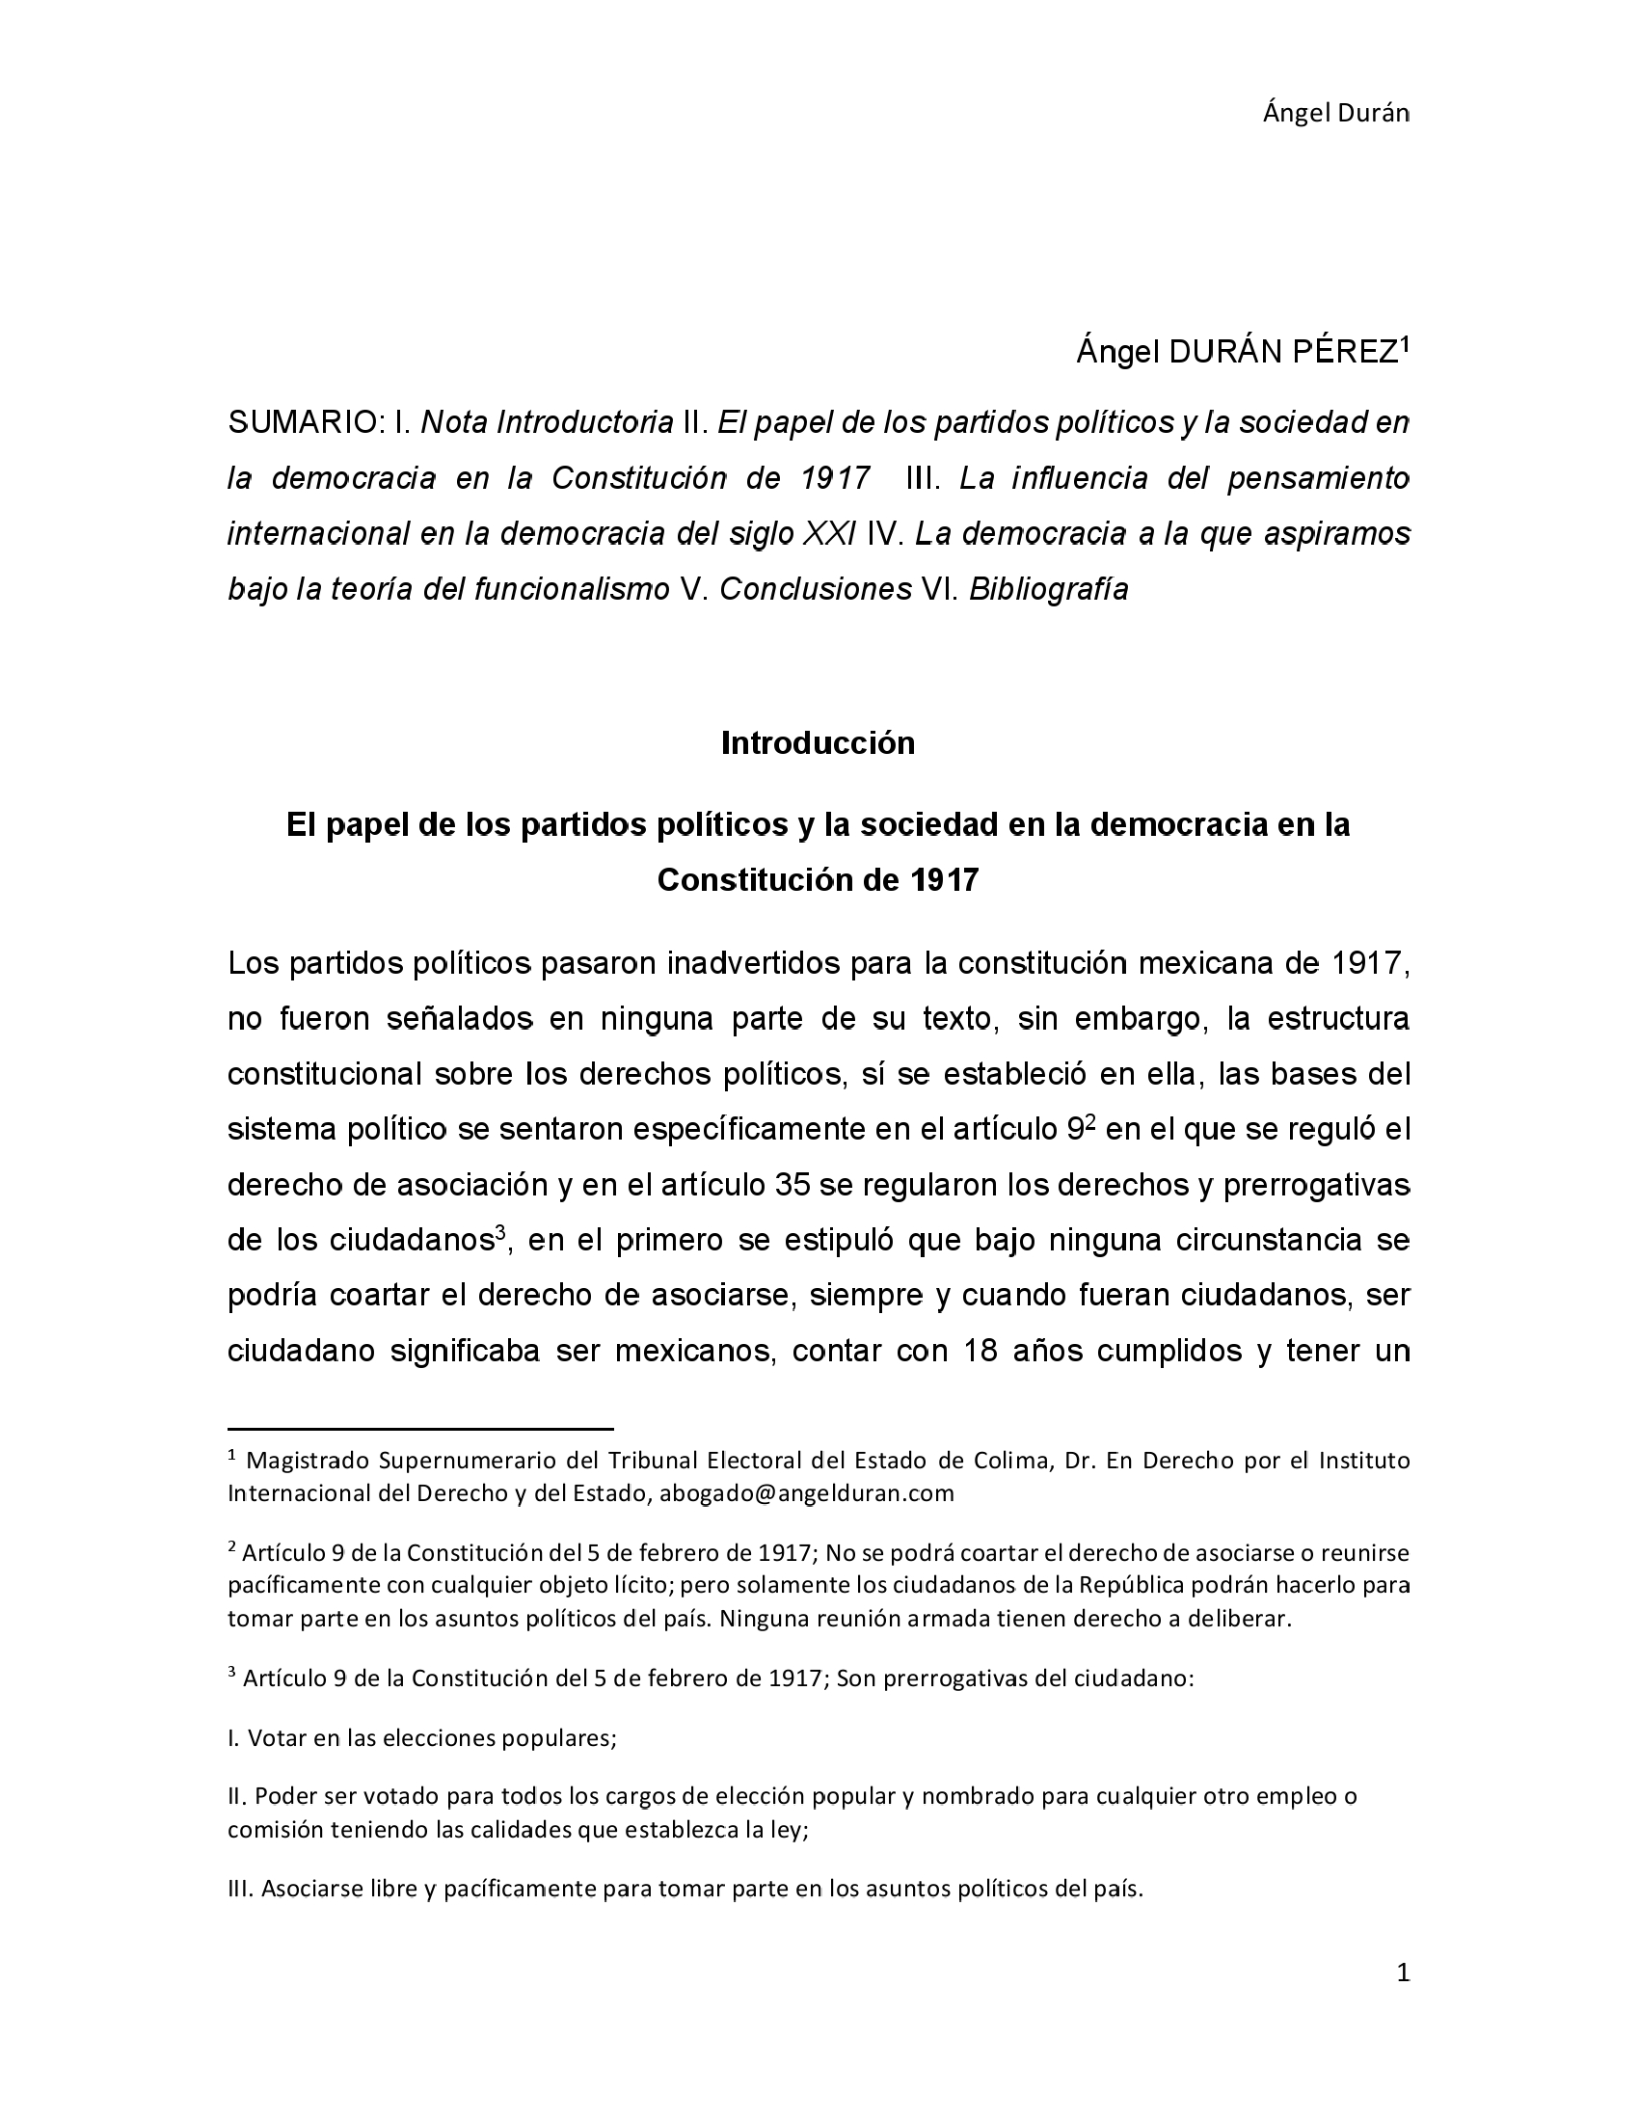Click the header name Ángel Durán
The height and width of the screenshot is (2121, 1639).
tap(1335, 114)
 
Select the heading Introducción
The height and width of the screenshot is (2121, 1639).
tap(818, 743)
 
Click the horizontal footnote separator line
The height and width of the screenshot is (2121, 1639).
tap(420, 1429)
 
